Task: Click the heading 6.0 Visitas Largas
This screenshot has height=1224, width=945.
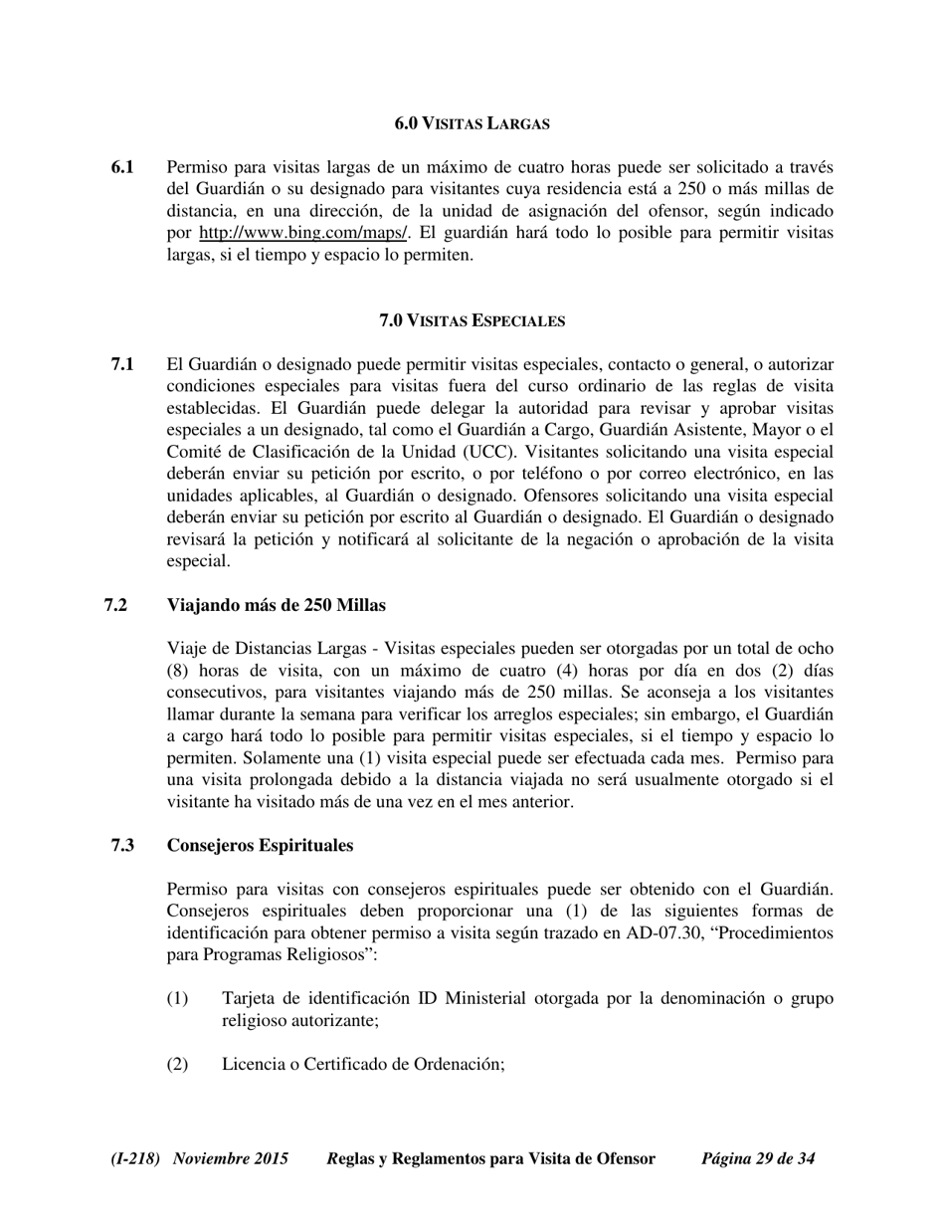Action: point(472,123)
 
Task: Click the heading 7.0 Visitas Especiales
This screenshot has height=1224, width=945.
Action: point(472,320)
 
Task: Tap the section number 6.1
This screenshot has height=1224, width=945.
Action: point(123,167)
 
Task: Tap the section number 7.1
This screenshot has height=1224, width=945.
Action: point(123,364)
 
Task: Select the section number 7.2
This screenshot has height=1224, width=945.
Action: point(115,605)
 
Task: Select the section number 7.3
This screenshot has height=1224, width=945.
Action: point(123,845)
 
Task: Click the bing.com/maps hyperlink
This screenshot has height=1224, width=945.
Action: point(303,233)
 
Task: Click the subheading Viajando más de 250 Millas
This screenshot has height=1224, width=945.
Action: point(277,605)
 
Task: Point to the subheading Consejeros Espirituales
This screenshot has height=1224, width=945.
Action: point(260,845)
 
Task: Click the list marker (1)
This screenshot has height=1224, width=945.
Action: point(177,998)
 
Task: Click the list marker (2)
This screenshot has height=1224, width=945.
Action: point(177,1064)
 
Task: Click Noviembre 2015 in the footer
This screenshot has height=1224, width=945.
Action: point(231,1158)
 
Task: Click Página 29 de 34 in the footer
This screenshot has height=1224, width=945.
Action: point(758,1158)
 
